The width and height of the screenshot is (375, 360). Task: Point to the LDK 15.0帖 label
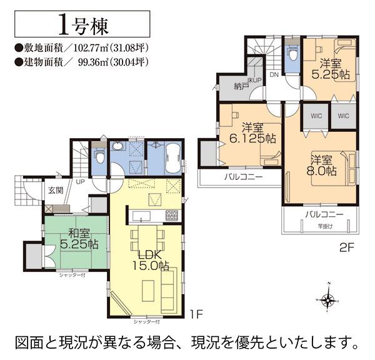(150, 259)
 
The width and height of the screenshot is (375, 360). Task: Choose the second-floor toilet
(291, 54)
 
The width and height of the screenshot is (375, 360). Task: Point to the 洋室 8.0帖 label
(322, 165)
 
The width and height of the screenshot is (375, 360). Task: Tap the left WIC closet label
(316, 116)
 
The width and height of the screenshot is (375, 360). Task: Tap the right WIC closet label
(343, 116)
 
